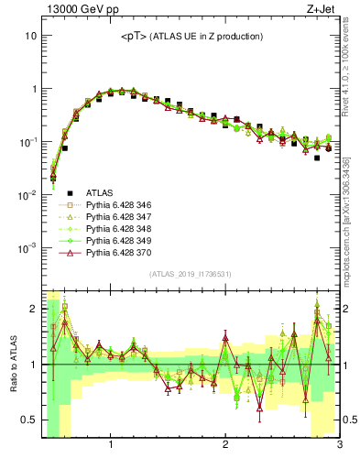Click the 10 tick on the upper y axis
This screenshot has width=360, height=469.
[30, 36]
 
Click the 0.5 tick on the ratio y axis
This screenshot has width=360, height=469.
[28, 420]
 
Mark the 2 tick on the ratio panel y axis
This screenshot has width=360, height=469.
[33, 309]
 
